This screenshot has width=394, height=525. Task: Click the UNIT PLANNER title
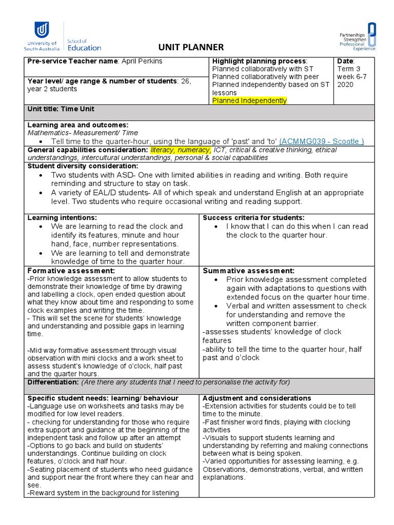(x=191, y=47)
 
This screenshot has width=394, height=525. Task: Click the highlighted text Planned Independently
(x=249, y=100)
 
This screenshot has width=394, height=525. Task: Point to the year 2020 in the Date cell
(x=346, y=85)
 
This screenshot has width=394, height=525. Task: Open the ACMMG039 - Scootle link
(x=322, y=141)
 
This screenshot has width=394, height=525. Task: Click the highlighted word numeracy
(x=194, y=150)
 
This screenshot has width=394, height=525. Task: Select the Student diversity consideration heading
(x=83, y=166)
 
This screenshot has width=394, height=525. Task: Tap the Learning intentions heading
(x=62, y=217)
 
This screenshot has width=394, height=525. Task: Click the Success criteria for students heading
(x=253, y=217)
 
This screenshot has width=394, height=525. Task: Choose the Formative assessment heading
(x=71, y=270)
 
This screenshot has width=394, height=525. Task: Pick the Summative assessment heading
(x=249, y=270)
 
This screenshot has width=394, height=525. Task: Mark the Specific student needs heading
(x=103, y=398)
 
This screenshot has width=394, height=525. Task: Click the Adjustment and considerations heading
(x=257, y=398)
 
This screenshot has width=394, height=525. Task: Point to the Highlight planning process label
(x=259, y=61)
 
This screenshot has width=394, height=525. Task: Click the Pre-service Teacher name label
(x=73, y=61)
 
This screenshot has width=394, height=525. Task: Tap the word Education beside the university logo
(x=84, y=48)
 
